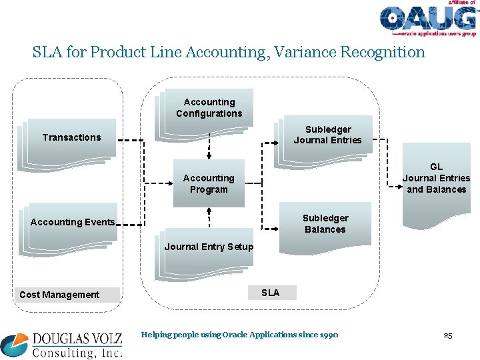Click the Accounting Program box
point(209,183)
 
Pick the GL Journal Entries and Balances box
point(435,178)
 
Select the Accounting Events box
point(73,222)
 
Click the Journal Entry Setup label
point(209,247)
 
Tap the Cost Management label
point(60,295)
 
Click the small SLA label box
point(270,293)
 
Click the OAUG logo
point(427,19)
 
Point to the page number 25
point(447,335)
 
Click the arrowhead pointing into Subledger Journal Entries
point(275,142)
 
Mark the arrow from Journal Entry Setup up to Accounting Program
point(209,219)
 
